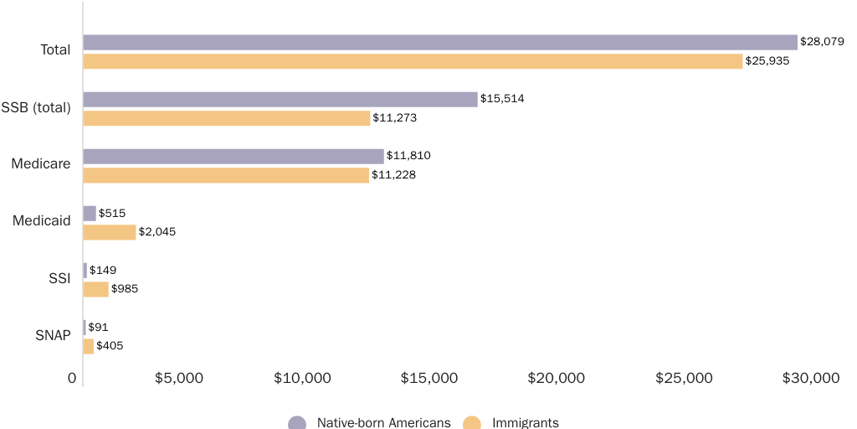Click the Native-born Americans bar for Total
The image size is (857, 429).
439,42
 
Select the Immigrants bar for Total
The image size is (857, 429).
413,61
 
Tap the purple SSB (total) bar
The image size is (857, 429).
280,99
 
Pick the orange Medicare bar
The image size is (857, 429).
226,175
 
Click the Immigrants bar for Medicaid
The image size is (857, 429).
109,232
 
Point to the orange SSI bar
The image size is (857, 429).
95,289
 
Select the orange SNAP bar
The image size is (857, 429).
88,346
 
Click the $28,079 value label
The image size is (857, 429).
822,41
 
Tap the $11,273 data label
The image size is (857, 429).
394,118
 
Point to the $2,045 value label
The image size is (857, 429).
157,232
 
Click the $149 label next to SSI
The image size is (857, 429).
103,270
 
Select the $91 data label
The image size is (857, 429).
98,327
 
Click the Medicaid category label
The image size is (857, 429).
41,221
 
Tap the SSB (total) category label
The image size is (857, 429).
36,107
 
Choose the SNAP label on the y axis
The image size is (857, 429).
53,335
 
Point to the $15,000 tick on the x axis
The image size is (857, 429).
428,378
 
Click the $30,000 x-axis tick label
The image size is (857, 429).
810,378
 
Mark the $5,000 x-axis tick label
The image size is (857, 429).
179,378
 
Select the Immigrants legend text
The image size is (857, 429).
526,422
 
